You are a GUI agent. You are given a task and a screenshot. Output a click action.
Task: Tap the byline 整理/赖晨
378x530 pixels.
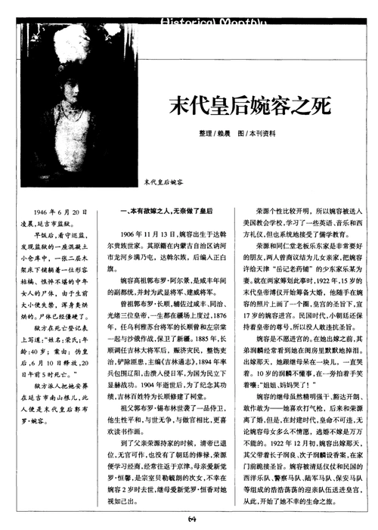tap(197, 134)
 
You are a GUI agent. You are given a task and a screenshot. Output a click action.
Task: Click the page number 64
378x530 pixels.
tap(192, 520)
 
